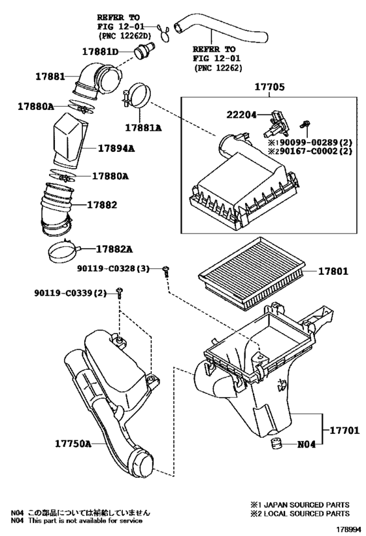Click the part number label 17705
[x=269, y=87]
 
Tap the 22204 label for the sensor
[x=241, y=115]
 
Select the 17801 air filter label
[x=333, y=272]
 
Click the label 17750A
[x=73, y=444]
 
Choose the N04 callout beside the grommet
[x=307, y=444]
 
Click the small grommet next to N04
[x=276, y=443]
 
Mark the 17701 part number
[x=344, y=430]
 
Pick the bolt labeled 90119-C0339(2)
[x=120, y=293]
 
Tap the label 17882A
[x=114, y=249]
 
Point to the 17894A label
[x=116, y=149]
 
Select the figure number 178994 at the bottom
[x=349, y=529]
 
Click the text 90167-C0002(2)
[x=310, y=151]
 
